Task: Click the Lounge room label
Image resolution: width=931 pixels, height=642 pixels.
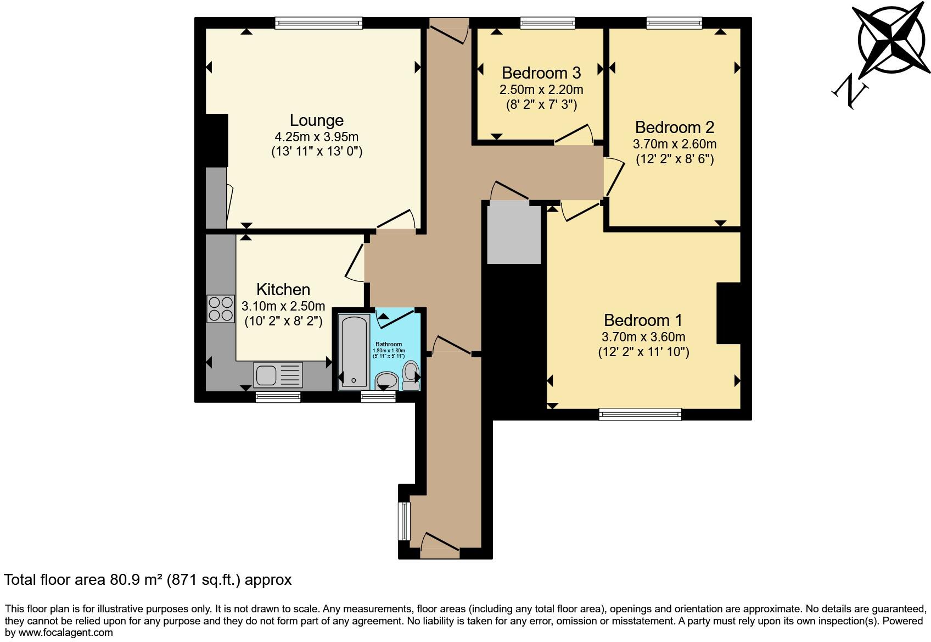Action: (x=316, y=120)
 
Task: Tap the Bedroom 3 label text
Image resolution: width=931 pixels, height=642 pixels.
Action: (x=541, y=73)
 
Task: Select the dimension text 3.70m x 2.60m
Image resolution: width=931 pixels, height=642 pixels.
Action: (x=674, y=145)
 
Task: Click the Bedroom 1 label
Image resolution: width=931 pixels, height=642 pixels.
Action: (x=643, y=320)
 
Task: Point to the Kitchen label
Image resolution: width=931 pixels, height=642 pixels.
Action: (x=283, y=290)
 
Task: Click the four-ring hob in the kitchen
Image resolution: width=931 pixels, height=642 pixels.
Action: (x=220, y=309)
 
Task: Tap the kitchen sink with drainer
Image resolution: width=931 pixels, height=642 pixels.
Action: (x=278, y=375)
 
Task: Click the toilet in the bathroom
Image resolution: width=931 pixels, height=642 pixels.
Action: (x=410, y=375)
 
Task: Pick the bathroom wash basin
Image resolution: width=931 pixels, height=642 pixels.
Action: (x=387, y=380)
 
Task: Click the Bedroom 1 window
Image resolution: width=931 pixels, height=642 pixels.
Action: (x=640, y=414)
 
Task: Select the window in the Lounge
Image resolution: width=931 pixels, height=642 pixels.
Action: (x=318, y=23)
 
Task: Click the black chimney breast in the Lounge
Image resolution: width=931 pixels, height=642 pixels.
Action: (x=216, y=140)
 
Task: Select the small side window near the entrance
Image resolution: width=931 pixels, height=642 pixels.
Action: (x=404, y=521)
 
